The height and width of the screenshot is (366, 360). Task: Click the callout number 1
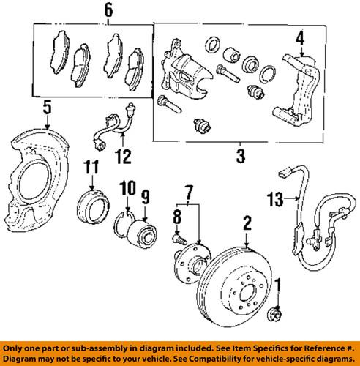click(x=277, y=286)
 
